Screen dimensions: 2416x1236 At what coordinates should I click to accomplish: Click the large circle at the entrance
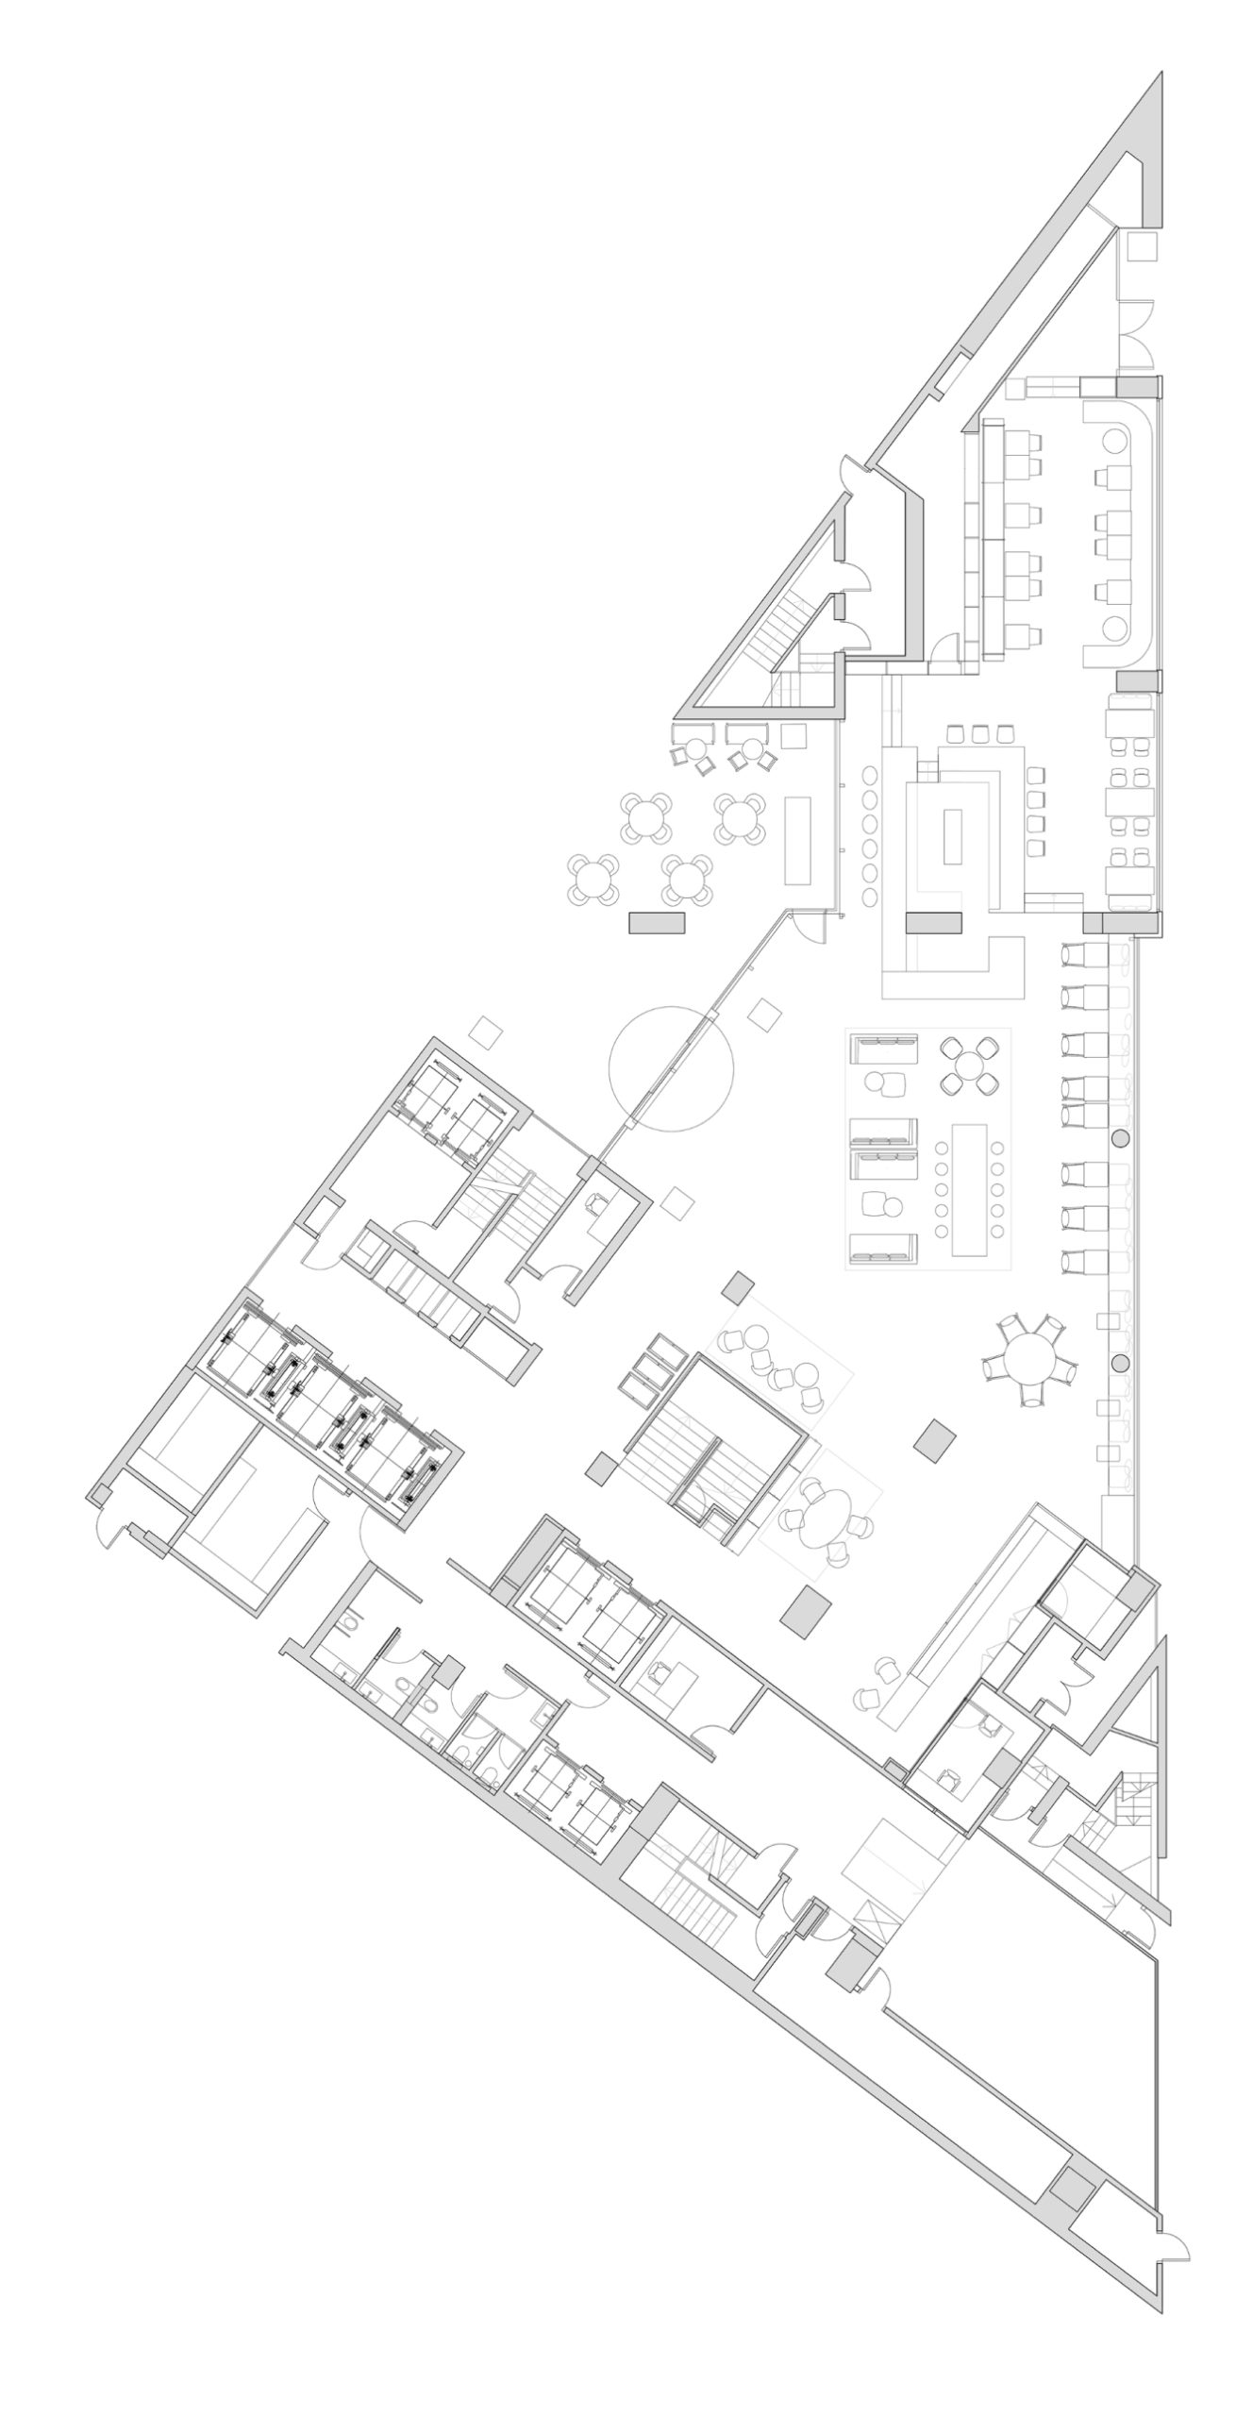coord(671,1069)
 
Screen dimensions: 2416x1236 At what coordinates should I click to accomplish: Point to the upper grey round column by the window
coord(1120,1139)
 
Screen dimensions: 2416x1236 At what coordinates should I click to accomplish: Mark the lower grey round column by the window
coord(1120,1363)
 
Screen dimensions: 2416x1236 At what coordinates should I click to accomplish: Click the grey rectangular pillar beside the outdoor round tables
coord(657,922)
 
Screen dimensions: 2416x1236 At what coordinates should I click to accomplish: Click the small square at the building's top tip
coord(1143,247)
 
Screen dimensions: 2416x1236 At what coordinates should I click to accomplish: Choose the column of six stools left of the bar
coord(869,833)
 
